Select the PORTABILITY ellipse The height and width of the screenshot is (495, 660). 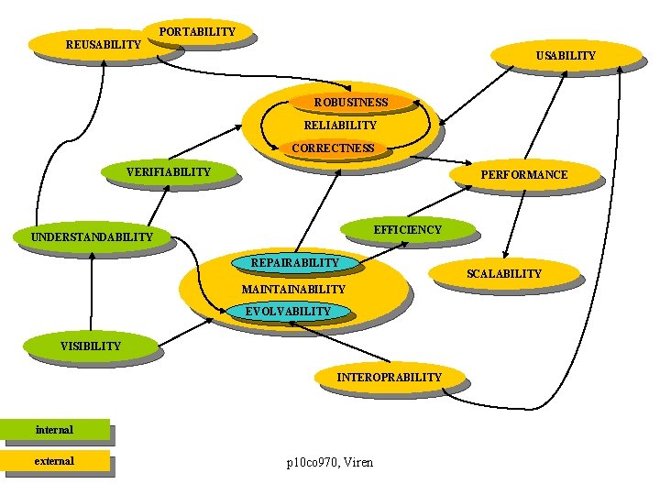(197, 32)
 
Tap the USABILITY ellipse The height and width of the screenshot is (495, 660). (565, 56)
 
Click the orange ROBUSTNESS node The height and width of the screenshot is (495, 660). (350, 103)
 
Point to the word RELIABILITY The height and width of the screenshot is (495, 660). (340, 125)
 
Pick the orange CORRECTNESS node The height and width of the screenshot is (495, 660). (333, 148)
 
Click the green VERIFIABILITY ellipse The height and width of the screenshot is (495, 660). (169, 171)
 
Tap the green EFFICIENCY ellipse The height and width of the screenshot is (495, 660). (407, 229)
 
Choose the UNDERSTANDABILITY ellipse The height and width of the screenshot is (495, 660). (92, 238)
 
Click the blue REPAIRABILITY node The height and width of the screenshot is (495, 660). (294, 263)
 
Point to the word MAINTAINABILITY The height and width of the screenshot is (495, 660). (293, 290)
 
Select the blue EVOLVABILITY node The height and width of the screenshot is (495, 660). (288, 312)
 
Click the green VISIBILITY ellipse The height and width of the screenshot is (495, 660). (90, 346)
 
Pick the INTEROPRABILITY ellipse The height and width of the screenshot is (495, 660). (389, 377)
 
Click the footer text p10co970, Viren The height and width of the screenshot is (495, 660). (330, 463)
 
